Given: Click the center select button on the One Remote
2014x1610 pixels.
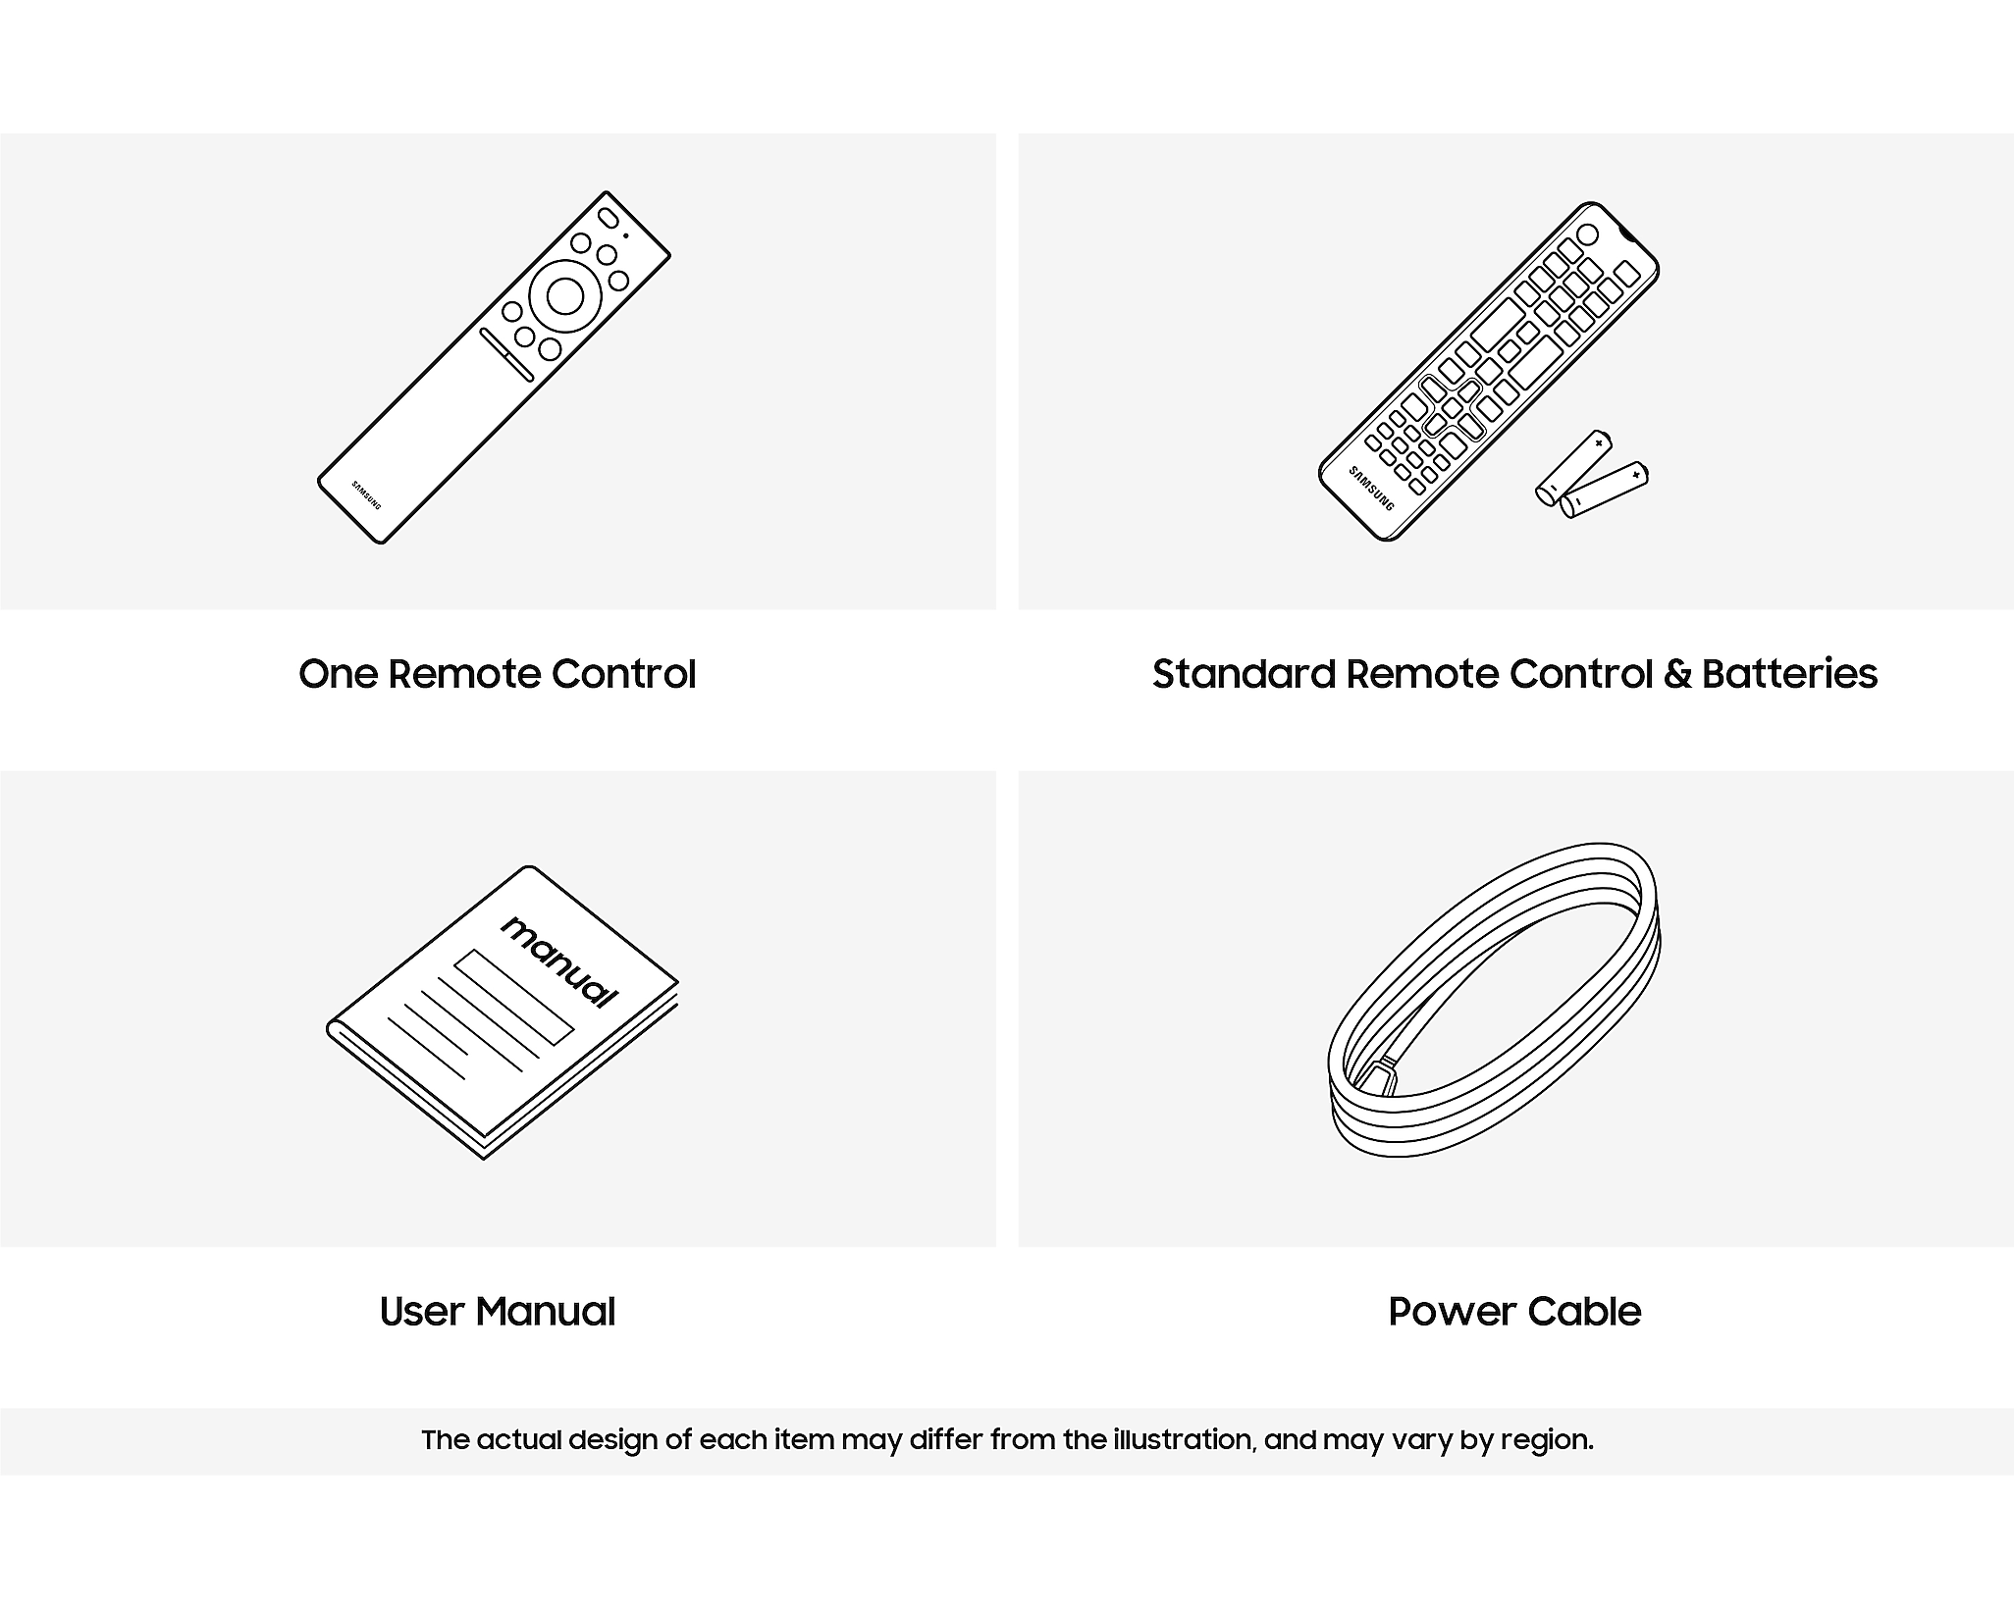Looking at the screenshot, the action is click(564, 296).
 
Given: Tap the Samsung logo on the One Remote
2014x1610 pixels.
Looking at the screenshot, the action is click(366, 495).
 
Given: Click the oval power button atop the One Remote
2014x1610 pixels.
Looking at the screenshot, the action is click(609, 217).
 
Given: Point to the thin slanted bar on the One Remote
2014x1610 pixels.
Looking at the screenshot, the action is click(506, 354).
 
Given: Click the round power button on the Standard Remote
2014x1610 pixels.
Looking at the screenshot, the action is click(1587, 235).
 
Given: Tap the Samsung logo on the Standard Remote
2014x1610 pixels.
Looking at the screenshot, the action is click(1371, 488).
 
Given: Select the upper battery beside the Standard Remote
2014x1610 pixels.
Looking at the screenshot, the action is click(1574, 467).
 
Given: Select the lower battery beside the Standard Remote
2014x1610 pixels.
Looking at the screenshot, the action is click(1605, 490).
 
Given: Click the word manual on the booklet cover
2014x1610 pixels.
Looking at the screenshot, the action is click(559, 962).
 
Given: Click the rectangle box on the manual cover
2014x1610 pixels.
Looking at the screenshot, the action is click(513, 997).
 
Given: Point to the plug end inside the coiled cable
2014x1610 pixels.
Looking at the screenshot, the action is click(1378, 1078).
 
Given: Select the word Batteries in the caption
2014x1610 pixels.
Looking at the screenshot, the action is click(1789, 674).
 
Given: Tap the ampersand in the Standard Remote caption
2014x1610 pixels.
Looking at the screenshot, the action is click(1678, 674).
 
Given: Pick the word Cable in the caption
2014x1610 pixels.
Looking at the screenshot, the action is click(1584, 1312).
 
